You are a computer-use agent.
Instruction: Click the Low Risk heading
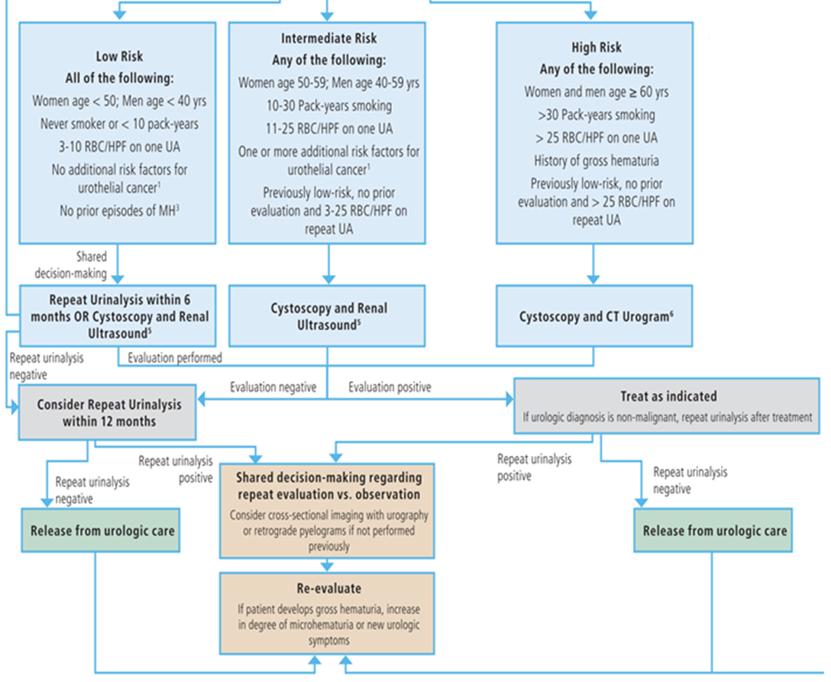pyautogui.click(x=119, y=57)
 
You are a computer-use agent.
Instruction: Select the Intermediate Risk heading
pyautogui.click(x=328, y=38)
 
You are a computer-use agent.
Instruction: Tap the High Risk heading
pyautogui.click(x=595, y=47)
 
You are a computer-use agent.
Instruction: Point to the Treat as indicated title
pyautogui.click(x=668, y=396)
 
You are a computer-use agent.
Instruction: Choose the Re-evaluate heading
pyautogui.click(x=327, y=590)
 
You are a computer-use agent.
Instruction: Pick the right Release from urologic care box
pyautogui.click(x=714, y=531)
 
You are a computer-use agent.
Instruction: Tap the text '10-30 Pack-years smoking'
pyautogui.click(x=328, y=105)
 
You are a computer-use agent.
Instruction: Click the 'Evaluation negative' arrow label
pyautogui.click(x=273, y=387)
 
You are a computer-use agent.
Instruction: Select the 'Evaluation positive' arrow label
pyautogui.click(x=390, y=387)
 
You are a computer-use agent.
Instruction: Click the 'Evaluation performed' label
pyautogui.click(x=175, y=357)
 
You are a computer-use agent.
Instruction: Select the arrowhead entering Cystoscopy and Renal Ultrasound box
pyautogui.click(x=328, y=279)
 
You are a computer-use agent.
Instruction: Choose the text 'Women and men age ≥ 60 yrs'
pyautogui.click(x=595, y=92)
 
